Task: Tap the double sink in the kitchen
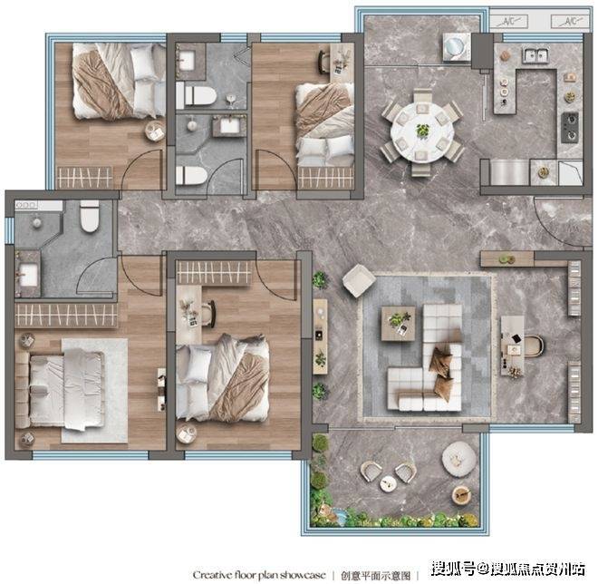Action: click(x=535, y=55)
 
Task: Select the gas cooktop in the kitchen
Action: click(x=569, y=128)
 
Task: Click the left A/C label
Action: click(x=509, y=22)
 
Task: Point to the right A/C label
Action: click(x=570, y=22)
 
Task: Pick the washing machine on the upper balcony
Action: click(x=457, y=47)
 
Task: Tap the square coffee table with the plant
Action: click(x=399, y=324)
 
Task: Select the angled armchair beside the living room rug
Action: click(x=358, y=280)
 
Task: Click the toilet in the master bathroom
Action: click(x=90, y=216)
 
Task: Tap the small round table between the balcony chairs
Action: click(x=388, y=483)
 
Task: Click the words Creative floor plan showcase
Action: click(x=259, y=574)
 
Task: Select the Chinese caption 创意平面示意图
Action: click(x=376, y=575)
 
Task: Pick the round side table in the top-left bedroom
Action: click(x=155, y=131)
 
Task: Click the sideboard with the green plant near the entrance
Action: click(x=506, y=258)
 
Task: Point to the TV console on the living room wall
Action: click(x=321, y=336)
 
